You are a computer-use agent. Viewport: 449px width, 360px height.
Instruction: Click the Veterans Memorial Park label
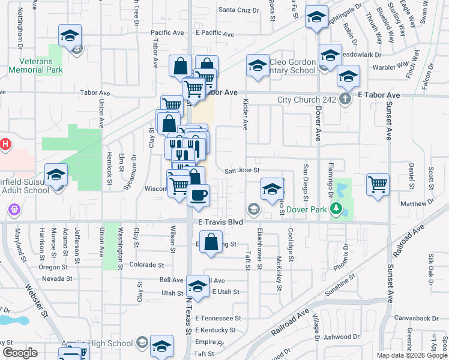(37, 66)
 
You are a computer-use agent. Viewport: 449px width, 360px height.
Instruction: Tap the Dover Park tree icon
(337, 209)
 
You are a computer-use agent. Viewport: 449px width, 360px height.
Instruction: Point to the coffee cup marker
(199, 194)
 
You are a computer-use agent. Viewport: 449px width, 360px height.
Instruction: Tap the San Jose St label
(242, 170)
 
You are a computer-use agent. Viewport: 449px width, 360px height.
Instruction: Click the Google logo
(20, 353)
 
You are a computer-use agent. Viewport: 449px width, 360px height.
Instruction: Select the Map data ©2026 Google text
(411, 355)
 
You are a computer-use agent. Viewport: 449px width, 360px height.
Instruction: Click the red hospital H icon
(5, 144)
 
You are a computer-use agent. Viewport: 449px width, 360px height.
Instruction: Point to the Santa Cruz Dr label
(238, 10)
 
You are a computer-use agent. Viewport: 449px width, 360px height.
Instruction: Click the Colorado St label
(145, 265)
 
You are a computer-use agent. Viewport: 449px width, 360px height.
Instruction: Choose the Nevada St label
(57, 279)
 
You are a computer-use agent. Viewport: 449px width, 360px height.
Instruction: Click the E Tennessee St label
(217, 318)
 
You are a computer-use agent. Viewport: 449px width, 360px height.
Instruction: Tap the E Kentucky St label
(215, 331)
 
